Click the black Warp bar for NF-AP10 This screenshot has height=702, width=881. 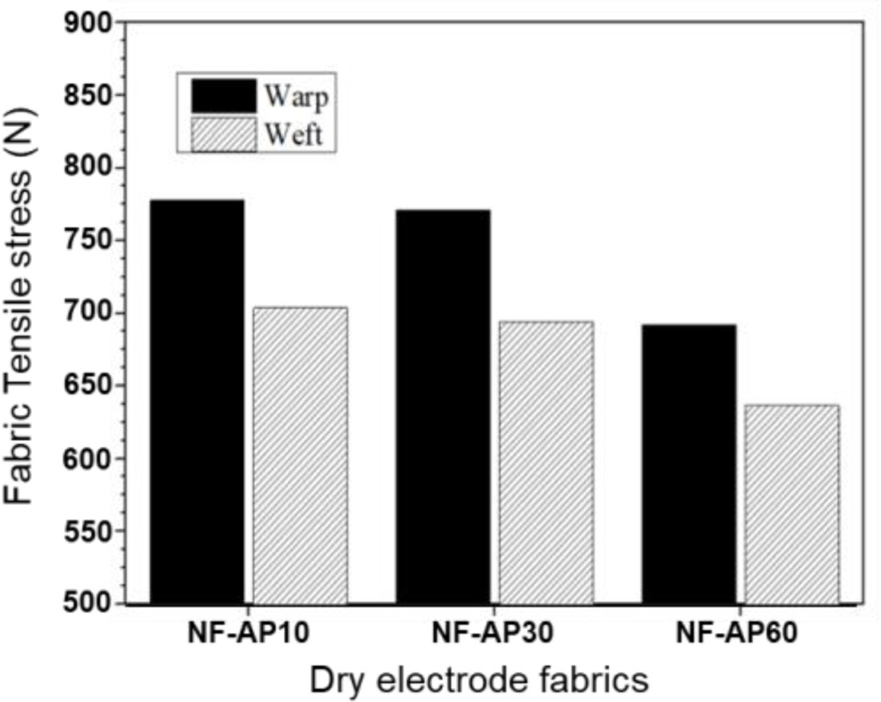tap(197, 400)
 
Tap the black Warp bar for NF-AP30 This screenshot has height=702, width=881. tap(443, 406)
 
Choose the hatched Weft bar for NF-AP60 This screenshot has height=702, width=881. tap(791, 503)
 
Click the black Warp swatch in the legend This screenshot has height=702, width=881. tap(223, 96)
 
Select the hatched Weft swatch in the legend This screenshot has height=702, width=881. tap(223, 134)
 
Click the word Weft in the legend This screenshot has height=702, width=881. tap(293, 135)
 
